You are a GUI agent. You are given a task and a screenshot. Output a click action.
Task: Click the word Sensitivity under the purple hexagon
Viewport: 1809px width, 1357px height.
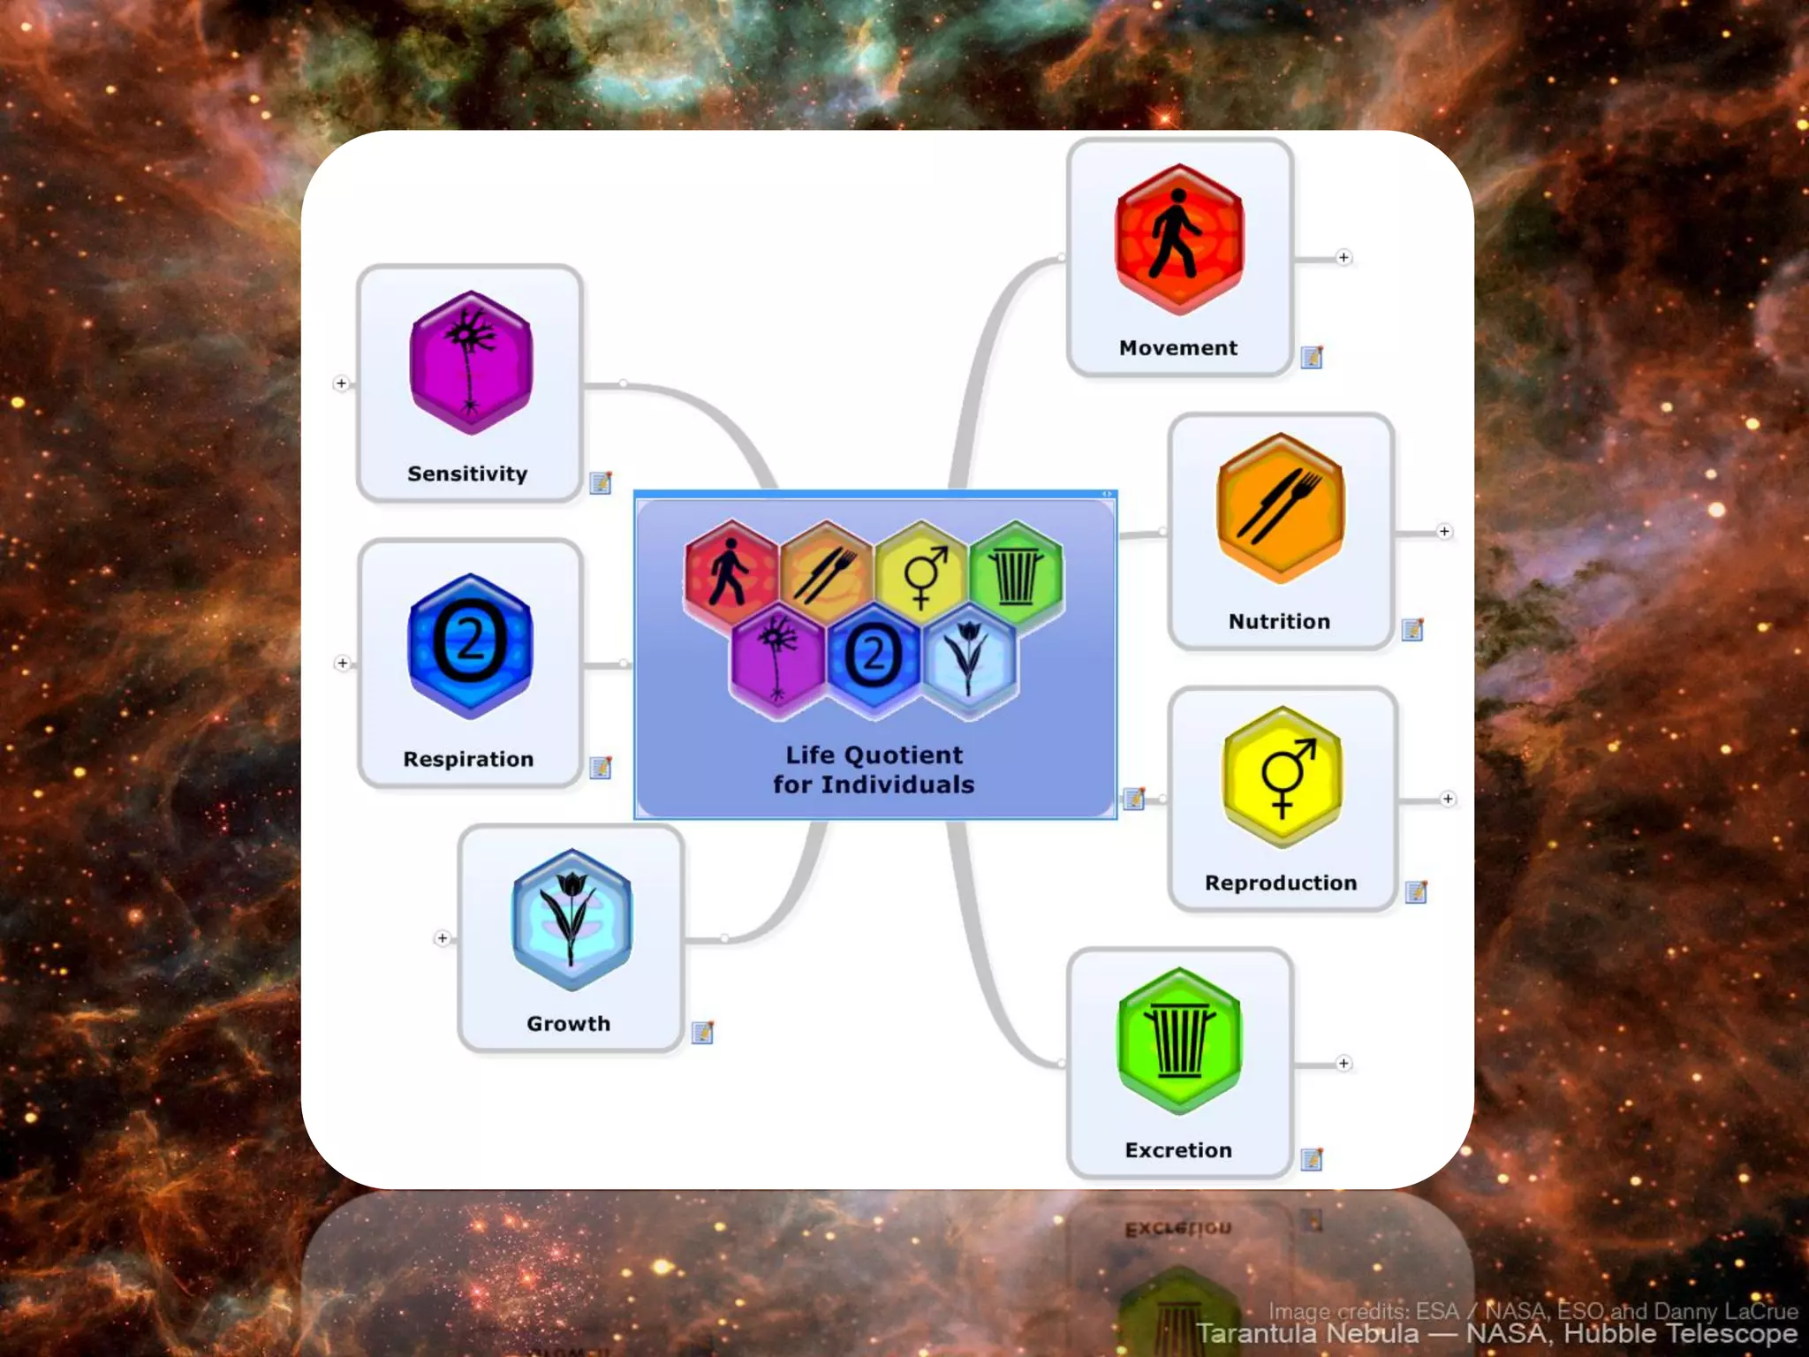(x=467, y=474)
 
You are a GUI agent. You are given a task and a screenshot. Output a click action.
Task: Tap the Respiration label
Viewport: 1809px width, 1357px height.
(x=468, y=759)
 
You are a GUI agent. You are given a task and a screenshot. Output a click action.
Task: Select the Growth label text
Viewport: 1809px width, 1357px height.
(x=568, y=1023)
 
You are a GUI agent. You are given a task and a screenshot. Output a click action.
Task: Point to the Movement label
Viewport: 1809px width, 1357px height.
(x=1178, y=348)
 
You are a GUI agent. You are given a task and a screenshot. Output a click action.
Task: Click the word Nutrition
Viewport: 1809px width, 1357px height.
(x=1279, y=621)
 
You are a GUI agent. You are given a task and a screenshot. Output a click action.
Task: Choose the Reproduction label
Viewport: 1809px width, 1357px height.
(x=1281, y=883)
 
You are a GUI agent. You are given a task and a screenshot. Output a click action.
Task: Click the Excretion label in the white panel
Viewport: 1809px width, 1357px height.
(x=1178, y=1150)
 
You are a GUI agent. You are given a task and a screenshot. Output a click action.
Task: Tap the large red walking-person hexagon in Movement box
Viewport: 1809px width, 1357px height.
(x=1179, y=239)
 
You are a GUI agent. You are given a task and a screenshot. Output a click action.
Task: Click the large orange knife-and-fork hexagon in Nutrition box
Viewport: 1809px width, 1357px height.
(x=1280, y=508)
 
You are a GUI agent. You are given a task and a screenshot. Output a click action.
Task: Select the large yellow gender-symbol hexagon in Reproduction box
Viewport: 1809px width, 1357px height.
(x=1283, y=777)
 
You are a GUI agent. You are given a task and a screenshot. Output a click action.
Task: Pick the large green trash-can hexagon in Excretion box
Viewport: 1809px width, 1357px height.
(x=1179, y=1041)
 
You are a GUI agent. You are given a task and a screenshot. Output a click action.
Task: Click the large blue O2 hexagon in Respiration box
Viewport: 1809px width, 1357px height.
(x=470, y=645)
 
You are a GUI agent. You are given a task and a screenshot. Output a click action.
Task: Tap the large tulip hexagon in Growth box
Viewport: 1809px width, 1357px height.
(x=571, y=919)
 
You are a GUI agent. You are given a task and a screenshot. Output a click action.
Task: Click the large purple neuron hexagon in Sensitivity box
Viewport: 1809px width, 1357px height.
(x=471, y=362)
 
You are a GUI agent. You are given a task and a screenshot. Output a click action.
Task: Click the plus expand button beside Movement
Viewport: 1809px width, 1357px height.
(x=1344, y=258)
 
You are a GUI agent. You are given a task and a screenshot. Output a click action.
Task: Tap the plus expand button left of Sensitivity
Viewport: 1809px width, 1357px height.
(x=341, y=383)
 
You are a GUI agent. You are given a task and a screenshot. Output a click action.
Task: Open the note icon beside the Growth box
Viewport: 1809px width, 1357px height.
(x=702, y=1032)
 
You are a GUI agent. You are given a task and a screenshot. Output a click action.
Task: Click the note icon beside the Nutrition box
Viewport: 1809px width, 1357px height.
(x=1412, y=629)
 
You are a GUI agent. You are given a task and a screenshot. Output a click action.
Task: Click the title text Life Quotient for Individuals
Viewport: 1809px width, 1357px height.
(x=874, y=769)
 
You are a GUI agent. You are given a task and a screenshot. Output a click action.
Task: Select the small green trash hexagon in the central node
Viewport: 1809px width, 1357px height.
(x=1016, y=574)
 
